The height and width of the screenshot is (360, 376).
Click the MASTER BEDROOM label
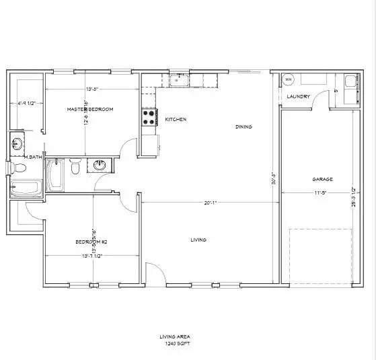coord(89,109)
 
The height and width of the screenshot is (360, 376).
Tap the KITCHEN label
coord(176,120)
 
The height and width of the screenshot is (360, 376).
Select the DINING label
coord(243,127)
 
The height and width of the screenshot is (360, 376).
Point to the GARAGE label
coord(323,179)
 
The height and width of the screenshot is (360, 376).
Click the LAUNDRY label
coord(298,97)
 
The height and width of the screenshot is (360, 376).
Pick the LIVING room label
coord(198,240)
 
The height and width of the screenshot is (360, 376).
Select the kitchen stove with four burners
coord(149,118)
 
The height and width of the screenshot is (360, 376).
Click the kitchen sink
coord(178,81)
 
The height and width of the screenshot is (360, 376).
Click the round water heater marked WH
coord(289,80)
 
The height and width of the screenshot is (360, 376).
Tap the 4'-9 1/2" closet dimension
coord(26,103)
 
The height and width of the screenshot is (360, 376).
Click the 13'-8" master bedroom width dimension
coord(95,89)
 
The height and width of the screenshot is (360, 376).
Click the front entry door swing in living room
coord(155,270)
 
